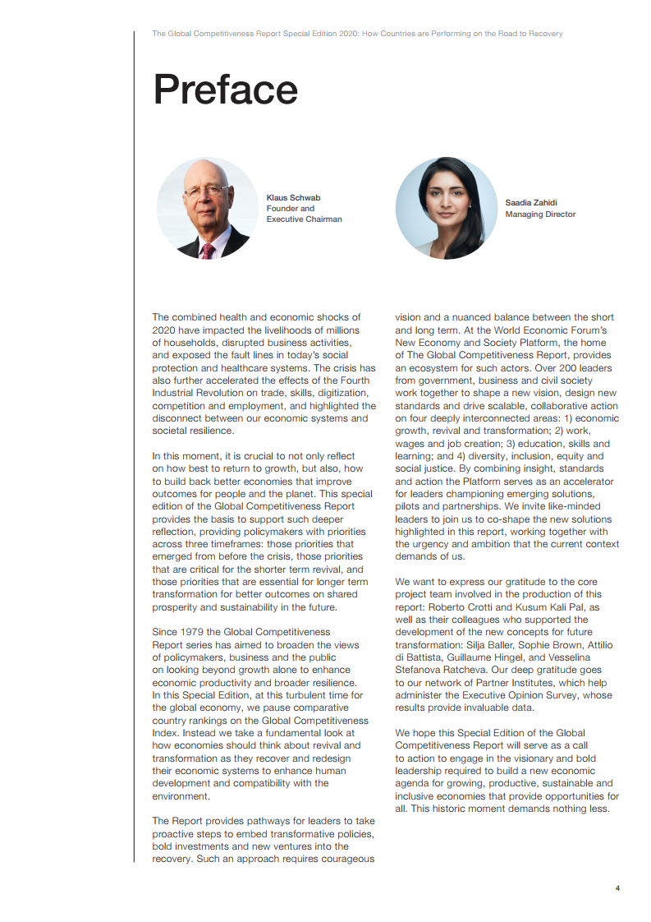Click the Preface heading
click(x=225, y=90)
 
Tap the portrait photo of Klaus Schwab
click(x=203, y=209)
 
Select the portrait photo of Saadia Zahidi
click(x=446, y=209)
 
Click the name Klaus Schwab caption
click(x=293, y=198)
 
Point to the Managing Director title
click(x=540, y=214)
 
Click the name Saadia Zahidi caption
click(x=531, y=203)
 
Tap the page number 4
click(x=617, y=888)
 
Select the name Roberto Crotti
click(x=493, y=606)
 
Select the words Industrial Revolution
click(x=195, y=393)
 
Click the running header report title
click(x=357, y=34)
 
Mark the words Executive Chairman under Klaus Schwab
click(x=304, y=219)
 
